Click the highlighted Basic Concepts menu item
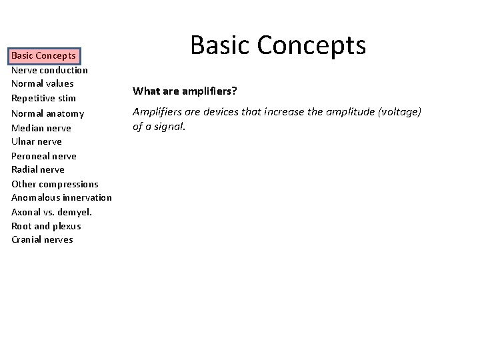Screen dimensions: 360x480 click(45, 55)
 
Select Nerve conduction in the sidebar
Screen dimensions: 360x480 click(49, 70)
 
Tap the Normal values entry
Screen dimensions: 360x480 click(42, 84)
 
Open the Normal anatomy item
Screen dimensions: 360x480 click(47, 113)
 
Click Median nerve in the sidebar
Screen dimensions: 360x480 click(41, 128)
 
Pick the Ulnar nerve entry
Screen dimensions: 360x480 click(37, 141)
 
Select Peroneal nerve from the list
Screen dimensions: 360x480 click(43, 156)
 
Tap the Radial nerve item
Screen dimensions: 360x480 click(38, 169)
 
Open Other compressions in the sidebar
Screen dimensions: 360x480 click(55, 184)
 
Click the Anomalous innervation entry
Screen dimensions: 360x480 click(61, 198)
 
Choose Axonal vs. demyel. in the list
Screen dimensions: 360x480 click(51, 212)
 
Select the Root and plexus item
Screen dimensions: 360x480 click(46, 226)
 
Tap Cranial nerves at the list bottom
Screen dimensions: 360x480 click(42, 240)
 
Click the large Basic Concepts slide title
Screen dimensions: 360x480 click(278, 45)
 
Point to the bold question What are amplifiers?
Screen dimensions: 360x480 click(179, 91)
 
